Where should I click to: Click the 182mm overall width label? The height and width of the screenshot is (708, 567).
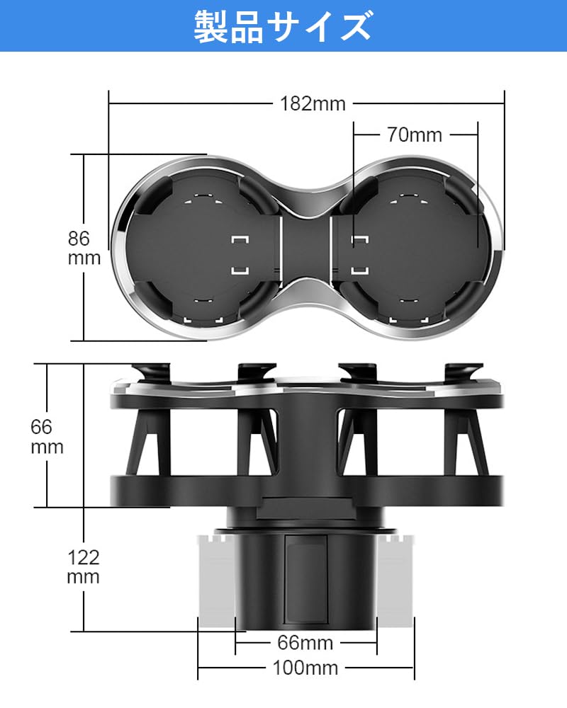(313, 103)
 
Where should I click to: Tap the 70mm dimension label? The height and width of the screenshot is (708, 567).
(414, 134)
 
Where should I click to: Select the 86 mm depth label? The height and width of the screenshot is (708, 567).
(84, 247)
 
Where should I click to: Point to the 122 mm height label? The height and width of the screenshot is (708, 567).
(84, 566)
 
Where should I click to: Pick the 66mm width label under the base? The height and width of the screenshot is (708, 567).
(306, 643)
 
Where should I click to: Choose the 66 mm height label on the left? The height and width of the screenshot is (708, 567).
(47, 437)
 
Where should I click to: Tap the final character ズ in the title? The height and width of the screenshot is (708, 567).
(352, 28)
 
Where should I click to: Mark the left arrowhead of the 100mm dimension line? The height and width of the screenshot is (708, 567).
(200, 667)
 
